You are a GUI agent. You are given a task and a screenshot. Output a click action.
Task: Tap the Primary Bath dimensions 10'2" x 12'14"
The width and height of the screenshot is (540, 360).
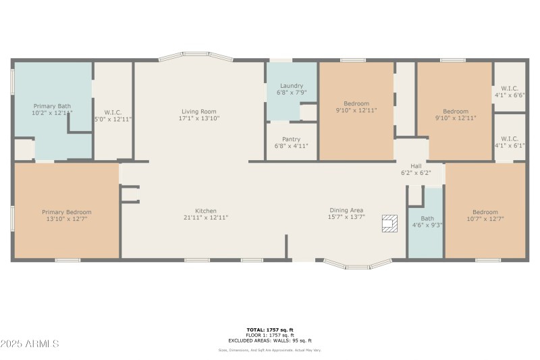52,113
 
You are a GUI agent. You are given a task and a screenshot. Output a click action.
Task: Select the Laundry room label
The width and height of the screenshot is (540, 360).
291,86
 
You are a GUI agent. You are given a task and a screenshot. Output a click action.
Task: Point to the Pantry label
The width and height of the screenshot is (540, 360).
291,139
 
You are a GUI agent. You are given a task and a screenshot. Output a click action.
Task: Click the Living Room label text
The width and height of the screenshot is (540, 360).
198,111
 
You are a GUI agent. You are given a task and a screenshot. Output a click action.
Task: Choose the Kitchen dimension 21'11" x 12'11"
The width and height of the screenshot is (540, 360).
206,217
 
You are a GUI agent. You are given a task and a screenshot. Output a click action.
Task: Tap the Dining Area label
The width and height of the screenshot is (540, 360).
346,210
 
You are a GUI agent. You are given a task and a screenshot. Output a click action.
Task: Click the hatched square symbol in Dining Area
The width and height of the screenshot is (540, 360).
389,224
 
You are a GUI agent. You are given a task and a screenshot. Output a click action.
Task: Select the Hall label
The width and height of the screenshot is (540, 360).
416,165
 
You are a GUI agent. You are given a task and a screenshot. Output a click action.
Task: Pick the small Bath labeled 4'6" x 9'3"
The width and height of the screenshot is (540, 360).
427,218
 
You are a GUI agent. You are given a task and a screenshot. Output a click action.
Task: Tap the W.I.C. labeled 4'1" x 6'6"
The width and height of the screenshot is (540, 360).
510,88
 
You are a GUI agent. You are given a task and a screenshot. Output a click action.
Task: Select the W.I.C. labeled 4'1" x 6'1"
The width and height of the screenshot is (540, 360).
510,138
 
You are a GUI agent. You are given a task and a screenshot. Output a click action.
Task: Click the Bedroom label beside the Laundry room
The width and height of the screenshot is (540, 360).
356,103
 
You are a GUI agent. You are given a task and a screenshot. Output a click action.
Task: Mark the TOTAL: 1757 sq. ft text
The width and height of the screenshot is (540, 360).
269,330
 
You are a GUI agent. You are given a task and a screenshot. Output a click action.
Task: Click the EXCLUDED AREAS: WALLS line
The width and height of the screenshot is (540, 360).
269,340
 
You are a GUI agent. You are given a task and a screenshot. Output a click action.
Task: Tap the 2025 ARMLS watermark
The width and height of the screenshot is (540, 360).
30,344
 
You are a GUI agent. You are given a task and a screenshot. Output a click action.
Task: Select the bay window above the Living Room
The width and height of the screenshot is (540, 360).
196,57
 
